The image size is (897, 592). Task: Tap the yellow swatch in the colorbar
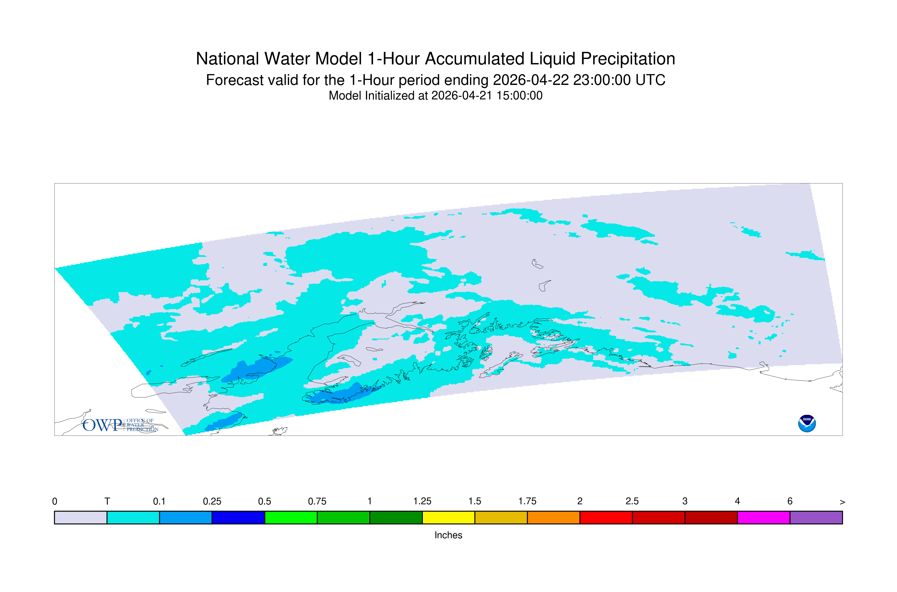pos(448,518)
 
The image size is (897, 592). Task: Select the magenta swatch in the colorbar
pos(764,518)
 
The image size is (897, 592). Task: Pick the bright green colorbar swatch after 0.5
pos(291,518)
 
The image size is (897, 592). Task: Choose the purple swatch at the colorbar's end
pos(816,518)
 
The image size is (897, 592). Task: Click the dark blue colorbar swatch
pos(238,518)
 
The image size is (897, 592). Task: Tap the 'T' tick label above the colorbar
pos(107,501)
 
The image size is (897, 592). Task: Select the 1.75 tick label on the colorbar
pos(527,501)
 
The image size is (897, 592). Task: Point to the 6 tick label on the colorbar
pos(790,501)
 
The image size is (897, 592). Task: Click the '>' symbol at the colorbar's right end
pos(842,502)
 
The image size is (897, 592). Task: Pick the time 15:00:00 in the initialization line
pos(519,95)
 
